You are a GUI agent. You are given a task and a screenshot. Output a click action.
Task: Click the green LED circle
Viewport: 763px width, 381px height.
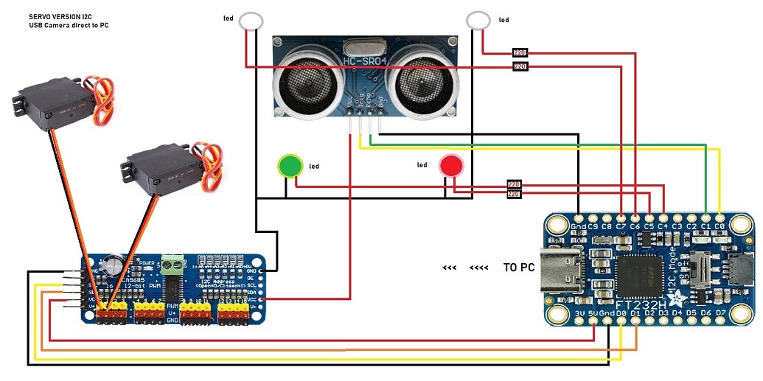tap(289, 166)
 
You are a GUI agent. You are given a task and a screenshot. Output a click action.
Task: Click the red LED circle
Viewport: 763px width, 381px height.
tap(450, 166)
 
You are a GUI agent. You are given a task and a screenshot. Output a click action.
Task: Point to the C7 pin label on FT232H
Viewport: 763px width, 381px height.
tap(621, 226)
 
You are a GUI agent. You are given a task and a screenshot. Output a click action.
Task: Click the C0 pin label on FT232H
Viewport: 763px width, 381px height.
tap(720, 226)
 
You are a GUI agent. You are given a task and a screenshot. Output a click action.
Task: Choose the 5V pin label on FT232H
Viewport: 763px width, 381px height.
tap(593, 313)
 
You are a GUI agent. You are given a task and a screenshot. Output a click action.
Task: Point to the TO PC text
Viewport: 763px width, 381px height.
tap(518, 268)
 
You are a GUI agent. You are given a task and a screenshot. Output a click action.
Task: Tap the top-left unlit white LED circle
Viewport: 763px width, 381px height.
tap(252, 20)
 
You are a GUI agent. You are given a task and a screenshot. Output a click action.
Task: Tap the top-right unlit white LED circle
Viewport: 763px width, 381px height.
tap(478, 19)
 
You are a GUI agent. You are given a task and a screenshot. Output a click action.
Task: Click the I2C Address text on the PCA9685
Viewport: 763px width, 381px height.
tap(216, 280)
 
